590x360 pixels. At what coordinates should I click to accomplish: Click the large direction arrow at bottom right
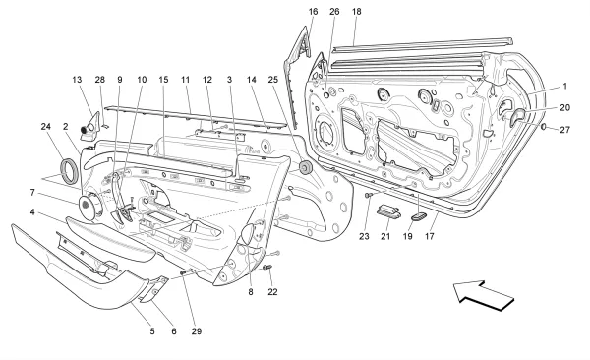[x=484, y=296]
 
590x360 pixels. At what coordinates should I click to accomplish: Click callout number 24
[x=46, y=127]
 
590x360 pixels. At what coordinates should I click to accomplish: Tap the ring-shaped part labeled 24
[x=71, y=171]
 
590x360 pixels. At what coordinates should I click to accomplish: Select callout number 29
[x=197, y=331]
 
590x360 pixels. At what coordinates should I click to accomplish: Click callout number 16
[x=313, y=11]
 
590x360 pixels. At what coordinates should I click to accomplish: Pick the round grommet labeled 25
[x=305, y=167]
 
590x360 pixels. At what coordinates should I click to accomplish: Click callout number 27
[x=564, y=130]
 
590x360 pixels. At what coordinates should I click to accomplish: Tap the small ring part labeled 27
[x=544, y=126]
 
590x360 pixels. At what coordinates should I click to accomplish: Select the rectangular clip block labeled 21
[x=388, y=210]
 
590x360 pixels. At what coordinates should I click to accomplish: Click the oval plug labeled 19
[x=418, y=216]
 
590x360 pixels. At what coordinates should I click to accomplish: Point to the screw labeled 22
[x=267, y=268]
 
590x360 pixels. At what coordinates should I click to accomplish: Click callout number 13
[x=77, y=80]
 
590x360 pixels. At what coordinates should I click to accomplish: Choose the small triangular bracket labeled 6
[x=155, y=288]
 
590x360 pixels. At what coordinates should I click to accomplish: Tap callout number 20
[x=564, y=107]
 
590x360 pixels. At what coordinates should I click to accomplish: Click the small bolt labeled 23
[x=369, y=195]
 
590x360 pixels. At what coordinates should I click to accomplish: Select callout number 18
[x=356, y=11]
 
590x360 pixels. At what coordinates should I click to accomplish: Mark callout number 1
[x=564, y=87]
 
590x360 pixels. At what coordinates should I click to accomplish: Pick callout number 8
[x=251, y=292]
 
